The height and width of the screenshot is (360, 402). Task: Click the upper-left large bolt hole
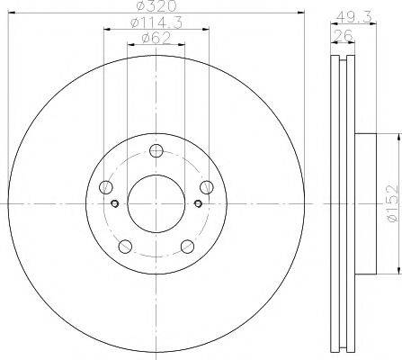click(107, 187)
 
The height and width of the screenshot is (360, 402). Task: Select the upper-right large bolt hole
click(205, 187)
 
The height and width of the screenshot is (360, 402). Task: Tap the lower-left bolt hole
click(125, 246)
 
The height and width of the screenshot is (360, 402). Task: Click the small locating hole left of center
click(113, 202)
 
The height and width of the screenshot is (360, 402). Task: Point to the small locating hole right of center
click(199, 202)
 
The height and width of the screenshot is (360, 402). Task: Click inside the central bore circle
click(156, 202)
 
